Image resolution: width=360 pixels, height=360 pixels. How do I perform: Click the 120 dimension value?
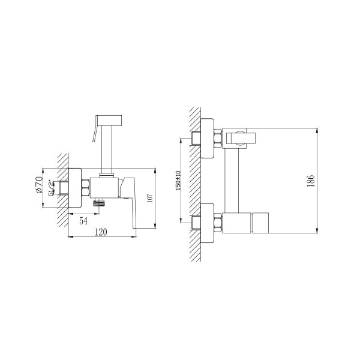pyautogui.click(x=101, y=232)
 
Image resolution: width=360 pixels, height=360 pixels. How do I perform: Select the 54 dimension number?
pyautogui.click(x=83, y=221)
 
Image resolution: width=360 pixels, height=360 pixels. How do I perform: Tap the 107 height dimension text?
pyautogui.click(x=149, y=198)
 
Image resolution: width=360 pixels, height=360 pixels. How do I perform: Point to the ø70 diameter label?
pyautogui.click(x=39, y=185)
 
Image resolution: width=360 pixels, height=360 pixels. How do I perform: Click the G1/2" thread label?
pyautogui.click(x=52, y=188)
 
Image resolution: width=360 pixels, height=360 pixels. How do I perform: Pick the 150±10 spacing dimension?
pyautogui.click(x=178, y=181)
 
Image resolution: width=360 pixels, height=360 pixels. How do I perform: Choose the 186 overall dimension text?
pyautogui.click(x=310, y=181)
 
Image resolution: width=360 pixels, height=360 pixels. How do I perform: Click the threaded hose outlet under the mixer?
pyautogui.click(x=99, y=202)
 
